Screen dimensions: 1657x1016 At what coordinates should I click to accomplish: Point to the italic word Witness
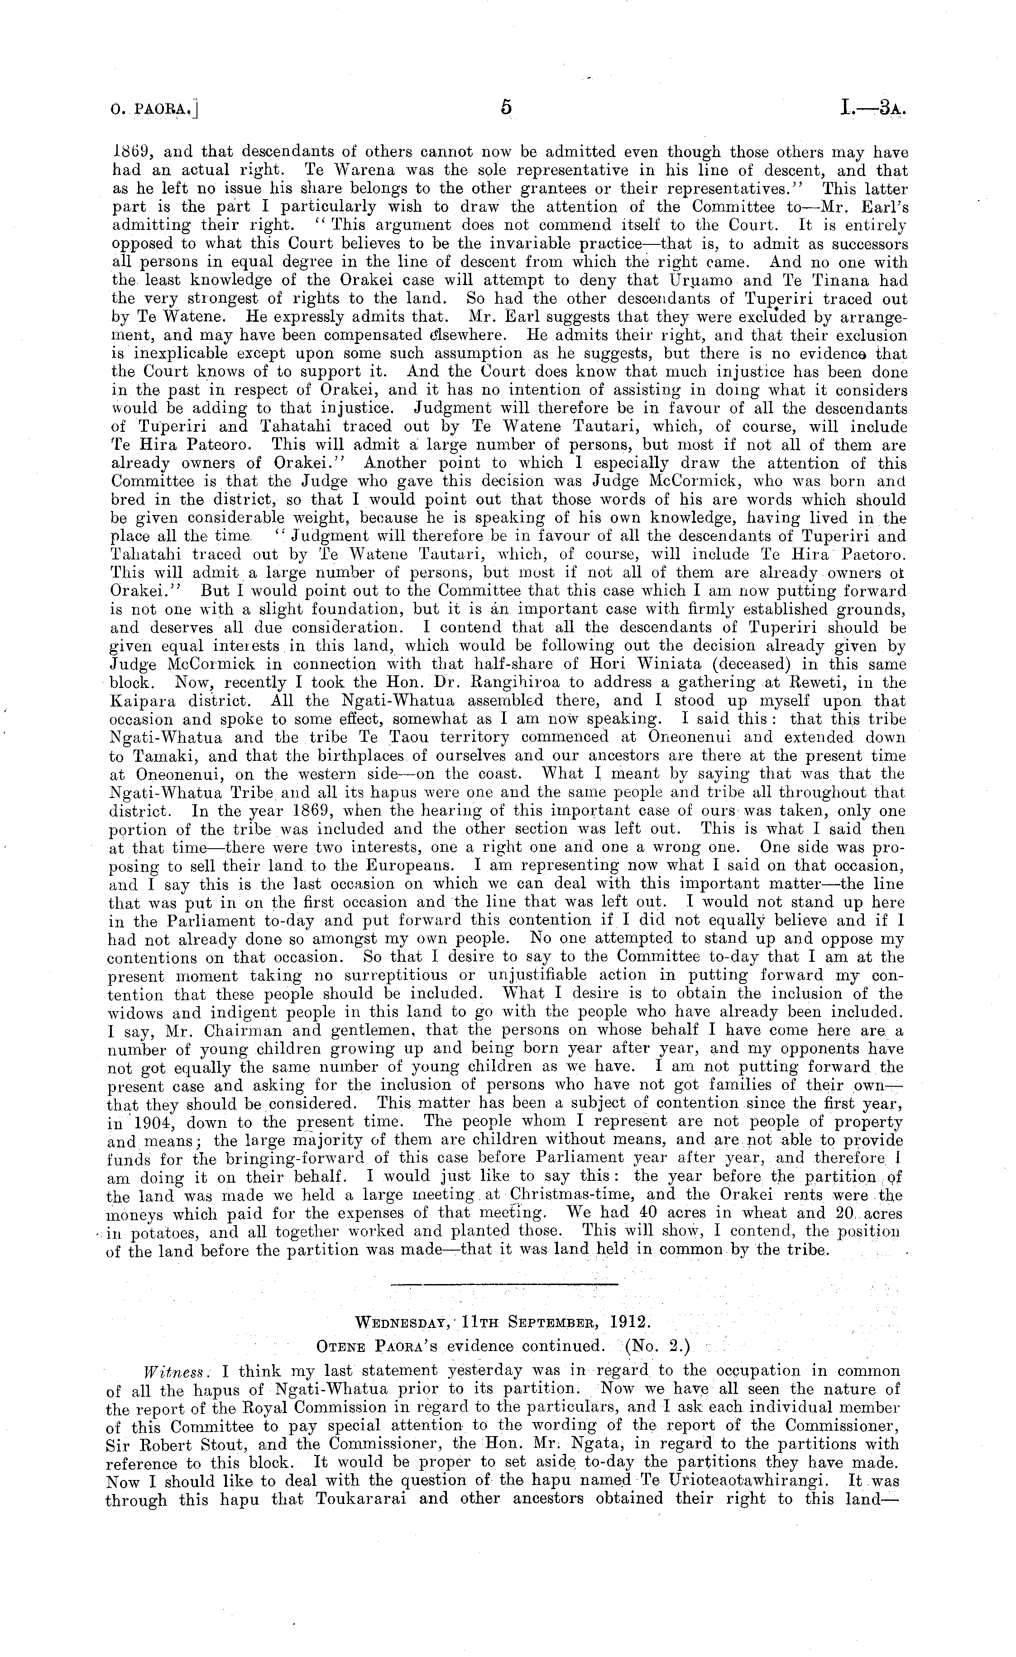[168, 1371]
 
